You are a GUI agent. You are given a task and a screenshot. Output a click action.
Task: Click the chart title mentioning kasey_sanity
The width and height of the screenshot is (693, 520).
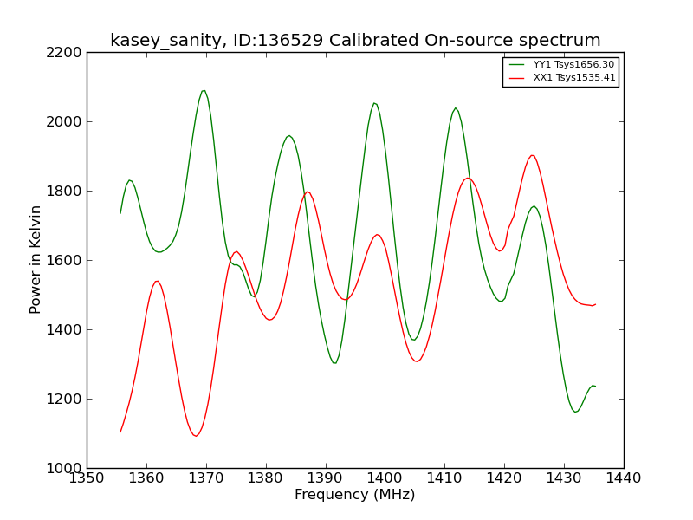(355, 41)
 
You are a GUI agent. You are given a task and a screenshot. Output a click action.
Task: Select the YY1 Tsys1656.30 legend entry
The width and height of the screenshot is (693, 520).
(561, 64)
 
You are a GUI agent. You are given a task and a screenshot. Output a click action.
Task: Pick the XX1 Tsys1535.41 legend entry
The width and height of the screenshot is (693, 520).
(561, 78)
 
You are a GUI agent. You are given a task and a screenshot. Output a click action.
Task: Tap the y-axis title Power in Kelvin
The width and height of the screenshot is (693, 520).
(35, 259)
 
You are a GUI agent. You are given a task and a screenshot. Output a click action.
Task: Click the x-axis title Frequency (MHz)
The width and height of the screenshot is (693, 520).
(355, 494)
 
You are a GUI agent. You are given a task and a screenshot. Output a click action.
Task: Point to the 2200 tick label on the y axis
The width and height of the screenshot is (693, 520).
(64, 53)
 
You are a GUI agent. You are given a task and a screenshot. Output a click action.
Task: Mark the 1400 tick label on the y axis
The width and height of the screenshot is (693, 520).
(64, 330)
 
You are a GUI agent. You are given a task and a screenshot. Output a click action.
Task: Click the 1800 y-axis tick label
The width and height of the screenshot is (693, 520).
(64, 191)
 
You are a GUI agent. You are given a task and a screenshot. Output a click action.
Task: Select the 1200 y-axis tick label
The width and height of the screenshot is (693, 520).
(64, 399)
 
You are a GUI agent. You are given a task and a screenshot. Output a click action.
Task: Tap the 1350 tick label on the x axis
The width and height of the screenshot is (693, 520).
(87, 478)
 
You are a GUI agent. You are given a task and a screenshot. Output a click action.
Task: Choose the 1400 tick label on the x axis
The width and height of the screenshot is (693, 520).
(385, 478)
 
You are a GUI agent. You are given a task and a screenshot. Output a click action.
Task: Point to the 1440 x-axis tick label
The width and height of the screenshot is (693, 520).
(624, 478)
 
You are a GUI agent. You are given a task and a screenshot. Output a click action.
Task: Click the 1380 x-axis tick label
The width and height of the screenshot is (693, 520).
(266, 478)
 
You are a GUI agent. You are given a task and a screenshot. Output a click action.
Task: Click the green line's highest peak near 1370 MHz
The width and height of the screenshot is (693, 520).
(204, 91)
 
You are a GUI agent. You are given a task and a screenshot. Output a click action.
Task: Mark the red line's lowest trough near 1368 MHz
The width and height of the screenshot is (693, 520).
(196, 436)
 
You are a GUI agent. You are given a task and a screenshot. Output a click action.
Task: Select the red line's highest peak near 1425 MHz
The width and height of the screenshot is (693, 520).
(533, 155)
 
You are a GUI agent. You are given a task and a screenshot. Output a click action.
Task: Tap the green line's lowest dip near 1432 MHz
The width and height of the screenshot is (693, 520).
(575, 413)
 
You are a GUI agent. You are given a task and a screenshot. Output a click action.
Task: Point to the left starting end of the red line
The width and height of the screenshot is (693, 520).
(120, 432)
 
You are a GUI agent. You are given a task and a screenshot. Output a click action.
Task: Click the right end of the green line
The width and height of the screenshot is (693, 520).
(596, 387)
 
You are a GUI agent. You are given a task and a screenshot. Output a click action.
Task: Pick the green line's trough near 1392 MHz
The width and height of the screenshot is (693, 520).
(334, 363)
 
